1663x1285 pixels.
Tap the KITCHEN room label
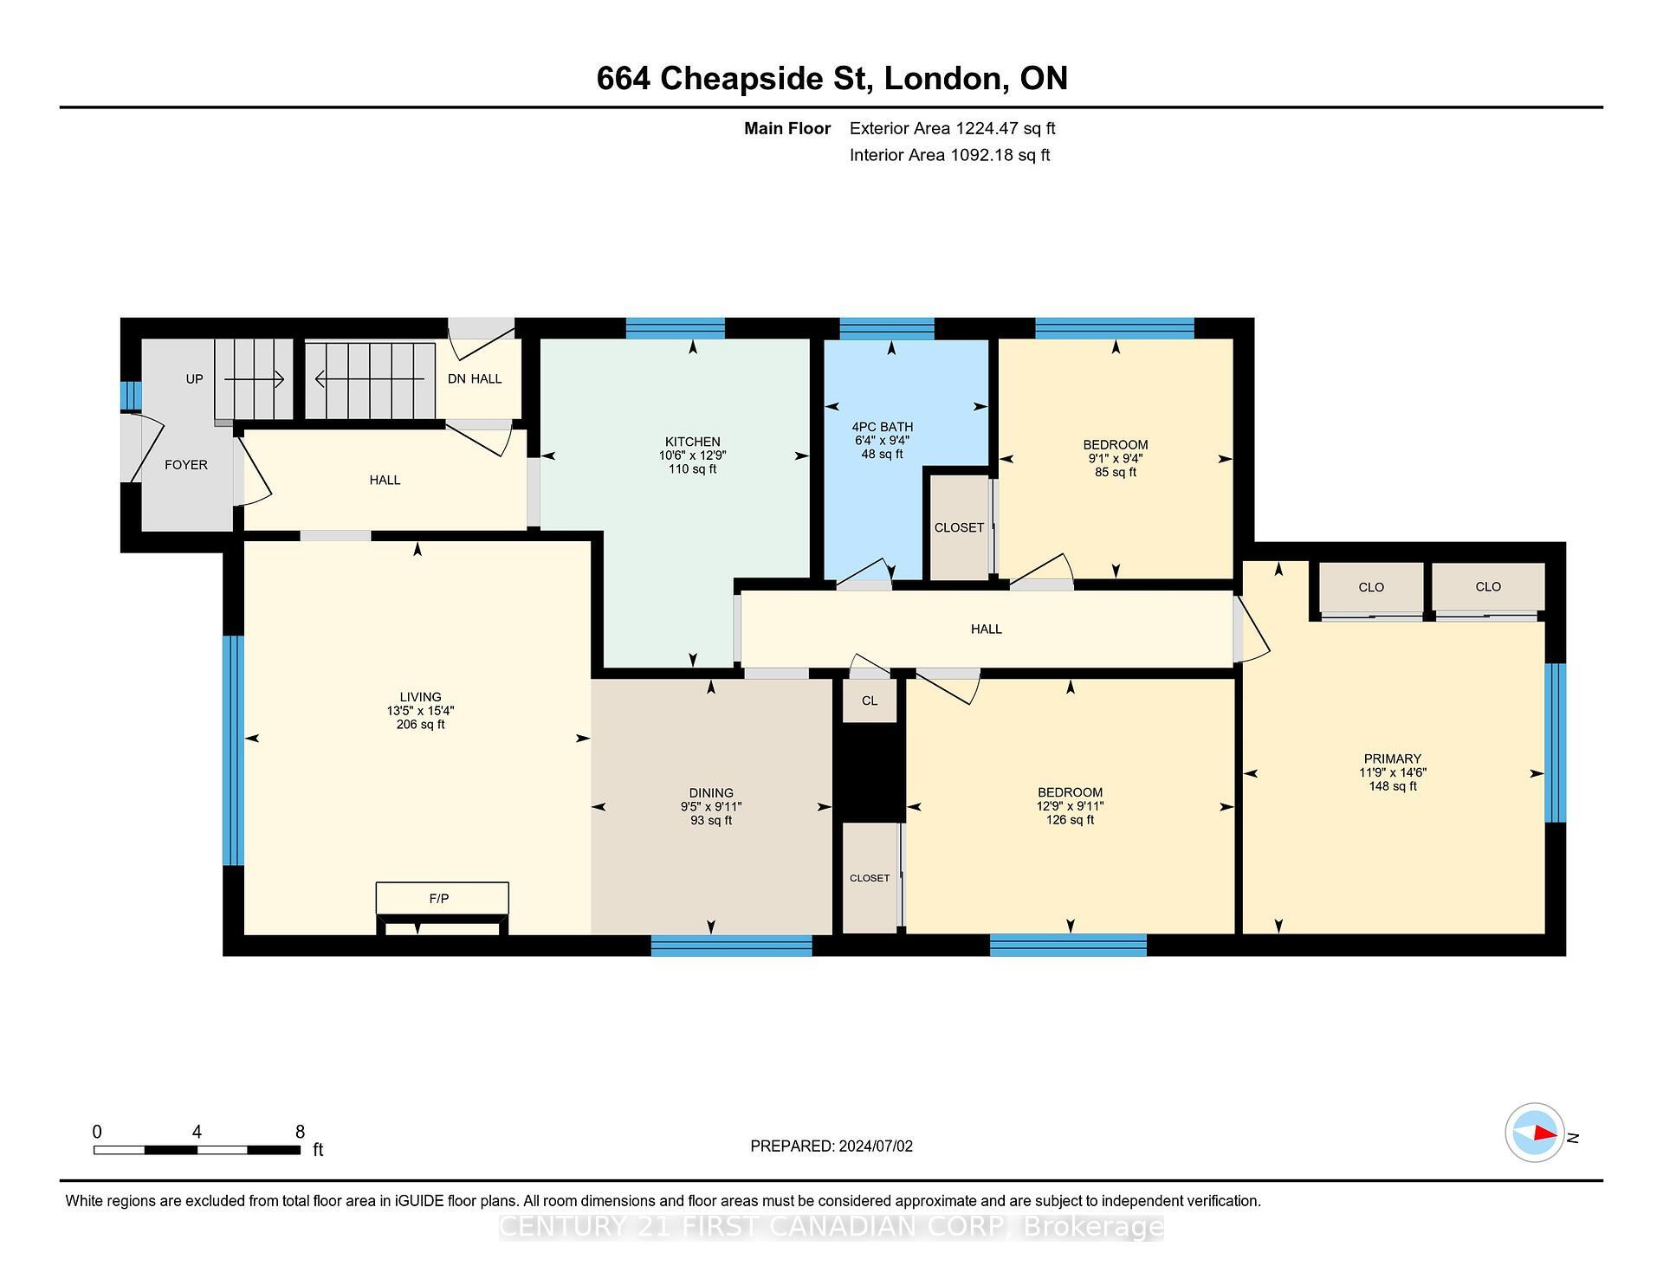[692, 442]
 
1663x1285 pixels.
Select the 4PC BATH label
[882, 427]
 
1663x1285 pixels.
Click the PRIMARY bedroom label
[1392, 759]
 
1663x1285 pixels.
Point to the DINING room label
[711, 793]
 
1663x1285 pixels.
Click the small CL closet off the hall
[870, 701]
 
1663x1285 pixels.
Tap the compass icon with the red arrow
[1535, 1133]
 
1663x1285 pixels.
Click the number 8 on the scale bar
[300, 1132]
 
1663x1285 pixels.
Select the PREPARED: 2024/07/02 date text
[831, 1146]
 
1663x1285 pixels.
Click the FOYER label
[186, 465]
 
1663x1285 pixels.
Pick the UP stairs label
[194, 379]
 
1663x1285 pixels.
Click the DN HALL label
[474, 379]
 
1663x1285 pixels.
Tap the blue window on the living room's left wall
[233, 750]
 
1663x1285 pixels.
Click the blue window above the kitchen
[675, 328]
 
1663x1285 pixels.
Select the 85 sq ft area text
[1115, 472]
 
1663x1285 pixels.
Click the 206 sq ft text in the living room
[420, 725]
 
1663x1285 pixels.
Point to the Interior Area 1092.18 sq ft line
[949, 155]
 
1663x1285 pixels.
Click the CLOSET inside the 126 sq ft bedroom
[870, 878]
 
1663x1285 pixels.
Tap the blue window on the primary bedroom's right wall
[1556, 742]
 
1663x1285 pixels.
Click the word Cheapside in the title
[762, 79]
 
